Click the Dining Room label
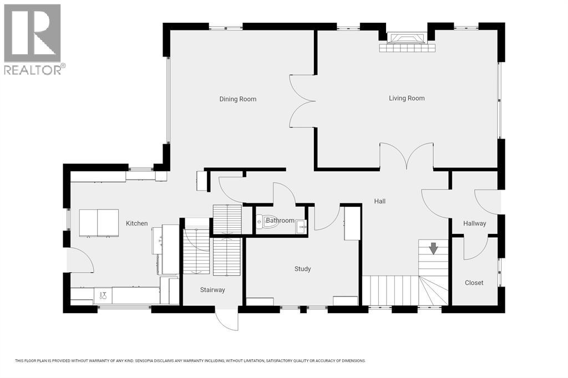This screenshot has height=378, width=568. pos(237,99)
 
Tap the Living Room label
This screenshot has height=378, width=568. pos(407,98)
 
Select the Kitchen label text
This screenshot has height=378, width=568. pos(136,223)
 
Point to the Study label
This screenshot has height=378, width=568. pos(302,269)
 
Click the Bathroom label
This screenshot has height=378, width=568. pos(280,221)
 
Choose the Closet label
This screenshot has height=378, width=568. pos(474,283)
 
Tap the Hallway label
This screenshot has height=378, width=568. pos(474,223)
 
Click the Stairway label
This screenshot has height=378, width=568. pos(212,290)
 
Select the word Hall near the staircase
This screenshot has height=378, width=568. pos(379,201)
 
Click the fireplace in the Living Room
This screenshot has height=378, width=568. pos(407,39)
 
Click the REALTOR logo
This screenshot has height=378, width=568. pos(33,39)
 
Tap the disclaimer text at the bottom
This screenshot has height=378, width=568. pos(190,361)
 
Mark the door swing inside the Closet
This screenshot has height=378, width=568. pos(476,249)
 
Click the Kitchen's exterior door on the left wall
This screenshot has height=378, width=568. pos(78,259)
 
